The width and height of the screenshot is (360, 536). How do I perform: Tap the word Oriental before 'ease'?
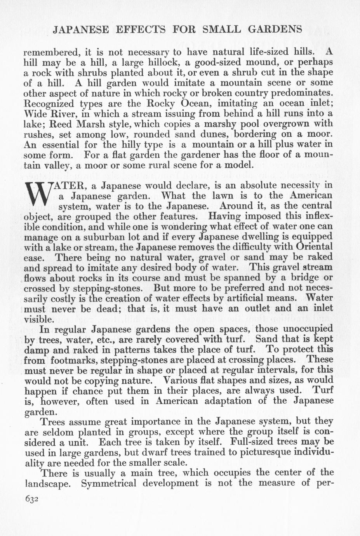tap(314, 247)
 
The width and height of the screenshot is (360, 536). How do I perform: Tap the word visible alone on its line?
tap(38, 319)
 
